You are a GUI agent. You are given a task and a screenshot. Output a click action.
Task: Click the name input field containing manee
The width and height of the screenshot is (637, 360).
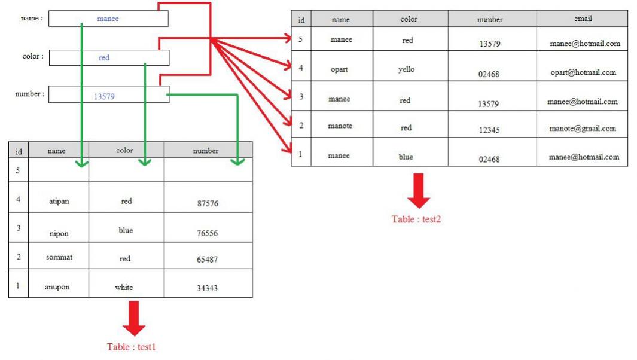(x=108, y=19)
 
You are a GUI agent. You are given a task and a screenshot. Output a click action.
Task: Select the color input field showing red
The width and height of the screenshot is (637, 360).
(x=109, y=58)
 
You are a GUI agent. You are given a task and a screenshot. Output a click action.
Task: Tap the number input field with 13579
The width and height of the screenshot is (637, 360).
(x=108, y=95)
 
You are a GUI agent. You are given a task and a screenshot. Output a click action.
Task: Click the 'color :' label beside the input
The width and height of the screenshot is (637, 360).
(x=33, y=57)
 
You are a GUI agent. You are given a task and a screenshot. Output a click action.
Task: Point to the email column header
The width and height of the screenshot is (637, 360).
(x=582, y=19)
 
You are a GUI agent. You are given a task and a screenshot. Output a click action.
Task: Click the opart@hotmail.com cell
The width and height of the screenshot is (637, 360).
(x=583, y=72)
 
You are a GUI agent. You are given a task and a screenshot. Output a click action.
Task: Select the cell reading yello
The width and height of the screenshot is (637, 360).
(x=406, y=69)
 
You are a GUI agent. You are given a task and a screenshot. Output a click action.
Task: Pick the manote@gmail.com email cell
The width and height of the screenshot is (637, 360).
(x=583, y=128)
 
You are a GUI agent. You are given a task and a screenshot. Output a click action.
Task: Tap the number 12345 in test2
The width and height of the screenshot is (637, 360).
(x=489, y=130)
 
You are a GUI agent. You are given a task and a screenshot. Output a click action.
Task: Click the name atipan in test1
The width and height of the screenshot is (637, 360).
(x=59, y=201)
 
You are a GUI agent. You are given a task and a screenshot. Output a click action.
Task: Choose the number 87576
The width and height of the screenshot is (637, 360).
(x=208, y=203)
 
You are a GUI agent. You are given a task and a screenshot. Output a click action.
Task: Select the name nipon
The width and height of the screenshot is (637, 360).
(x=59, y=234)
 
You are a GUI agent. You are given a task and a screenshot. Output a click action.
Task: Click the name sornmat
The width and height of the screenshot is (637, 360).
(x=59, y=257)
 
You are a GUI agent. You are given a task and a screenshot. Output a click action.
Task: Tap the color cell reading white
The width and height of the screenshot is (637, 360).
(x=124, y=288)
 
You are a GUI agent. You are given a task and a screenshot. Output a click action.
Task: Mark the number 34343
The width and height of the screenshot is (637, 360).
(x=207, y=288)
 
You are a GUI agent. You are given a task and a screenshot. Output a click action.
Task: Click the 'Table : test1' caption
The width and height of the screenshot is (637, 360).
(x=131, y=347)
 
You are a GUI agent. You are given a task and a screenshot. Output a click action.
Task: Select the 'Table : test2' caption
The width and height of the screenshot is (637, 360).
(x=416, y=219)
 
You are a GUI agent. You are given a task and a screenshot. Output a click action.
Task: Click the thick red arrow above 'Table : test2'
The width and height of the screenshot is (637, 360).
(x=418, y=191)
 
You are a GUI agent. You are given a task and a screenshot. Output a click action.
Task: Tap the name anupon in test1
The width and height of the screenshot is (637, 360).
(x=57, y=287)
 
